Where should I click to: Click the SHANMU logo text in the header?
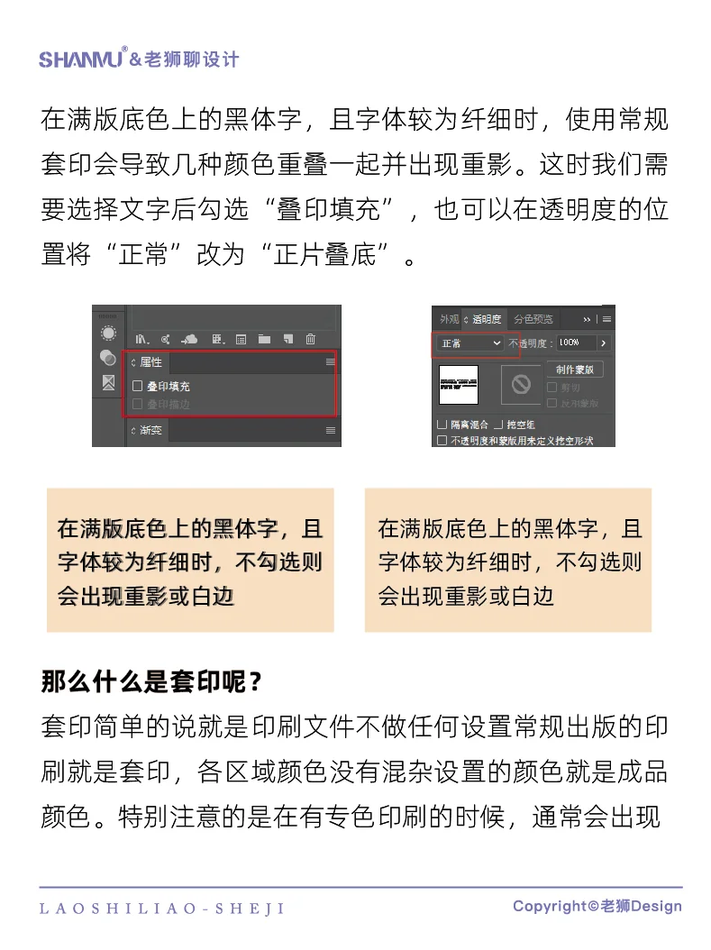tap(82, 59)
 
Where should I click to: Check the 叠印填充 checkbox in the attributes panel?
tap(138, 386)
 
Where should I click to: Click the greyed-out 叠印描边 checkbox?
tap(138, 405)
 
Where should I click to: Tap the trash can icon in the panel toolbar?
tap(311, 339)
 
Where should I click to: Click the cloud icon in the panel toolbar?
tap(189, 339)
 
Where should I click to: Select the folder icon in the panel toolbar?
tap(264, 339)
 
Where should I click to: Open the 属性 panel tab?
tap(150, 362)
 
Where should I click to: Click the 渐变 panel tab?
tap(150, 430)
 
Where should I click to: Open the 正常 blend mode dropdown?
tap(469, 343)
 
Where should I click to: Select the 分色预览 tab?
tap(533, 319)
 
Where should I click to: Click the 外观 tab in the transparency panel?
tap(448, 319)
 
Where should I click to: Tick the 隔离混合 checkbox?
tap(442, 424)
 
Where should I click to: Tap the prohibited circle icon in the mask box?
tap(521, 384)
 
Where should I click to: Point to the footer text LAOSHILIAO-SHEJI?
tap(162, 909)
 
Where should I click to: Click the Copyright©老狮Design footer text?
tap(597, 906)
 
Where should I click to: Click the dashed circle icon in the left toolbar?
tap(108, 332)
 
